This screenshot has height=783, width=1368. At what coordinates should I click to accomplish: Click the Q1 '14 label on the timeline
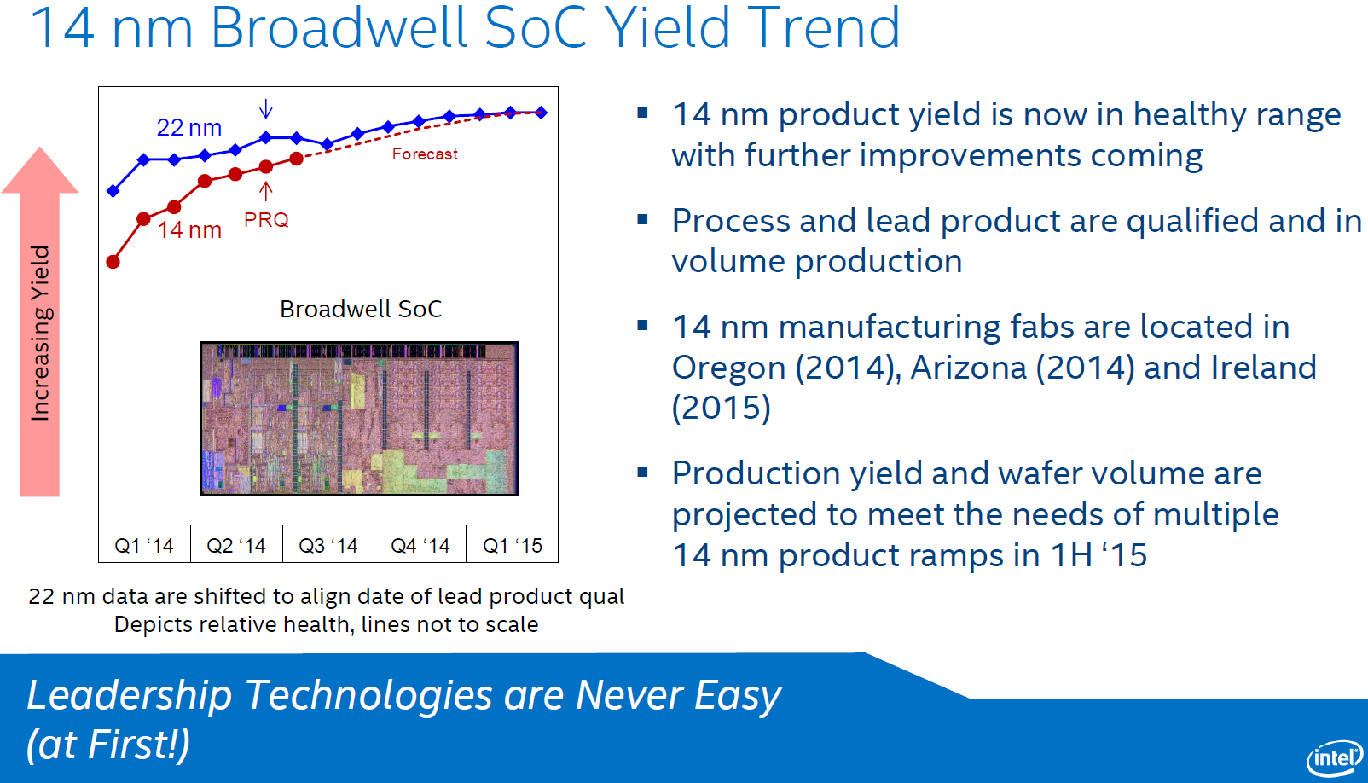click(144, 545)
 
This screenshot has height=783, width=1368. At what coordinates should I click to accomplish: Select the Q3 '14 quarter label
click(328, 545)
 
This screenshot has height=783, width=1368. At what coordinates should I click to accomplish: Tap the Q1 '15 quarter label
click(513, 545)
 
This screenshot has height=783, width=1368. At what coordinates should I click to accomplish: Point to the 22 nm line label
click(189, 128)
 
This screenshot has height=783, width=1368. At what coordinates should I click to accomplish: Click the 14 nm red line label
click(189, 230)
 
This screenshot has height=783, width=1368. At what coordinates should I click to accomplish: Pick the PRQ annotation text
click(266, 220)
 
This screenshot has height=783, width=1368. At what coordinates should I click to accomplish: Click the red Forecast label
click(425, 154)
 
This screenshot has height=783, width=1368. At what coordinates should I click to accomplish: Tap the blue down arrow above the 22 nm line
click(266, 108)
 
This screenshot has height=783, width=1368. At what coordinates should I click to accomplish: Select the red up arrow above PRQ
click(266, 190)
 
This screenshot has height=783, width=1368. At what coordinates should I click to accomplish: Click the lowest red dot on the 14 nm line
click(113, 262)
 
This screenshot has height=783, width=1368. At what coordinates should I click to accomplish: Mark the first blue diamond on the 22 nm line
click(113, 190)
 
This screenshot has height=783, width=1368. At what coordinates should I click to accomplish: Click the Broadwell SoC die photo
click(359, 419)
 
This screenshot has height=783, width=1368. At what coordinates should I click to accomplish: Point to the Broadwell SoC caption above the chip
click(361, 309)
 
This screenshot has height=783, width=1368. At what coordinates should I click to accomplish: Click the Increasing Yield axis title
click(40, 333)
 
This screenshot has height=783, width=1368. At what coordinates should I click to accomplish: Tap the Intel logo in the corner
click(1335, 757)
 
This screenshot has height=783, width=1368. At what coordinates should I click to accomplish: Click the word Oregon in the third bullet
click(728, 368)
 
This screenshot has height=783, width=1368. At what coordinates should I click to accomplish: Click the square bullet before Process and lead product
click(643, 219)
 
